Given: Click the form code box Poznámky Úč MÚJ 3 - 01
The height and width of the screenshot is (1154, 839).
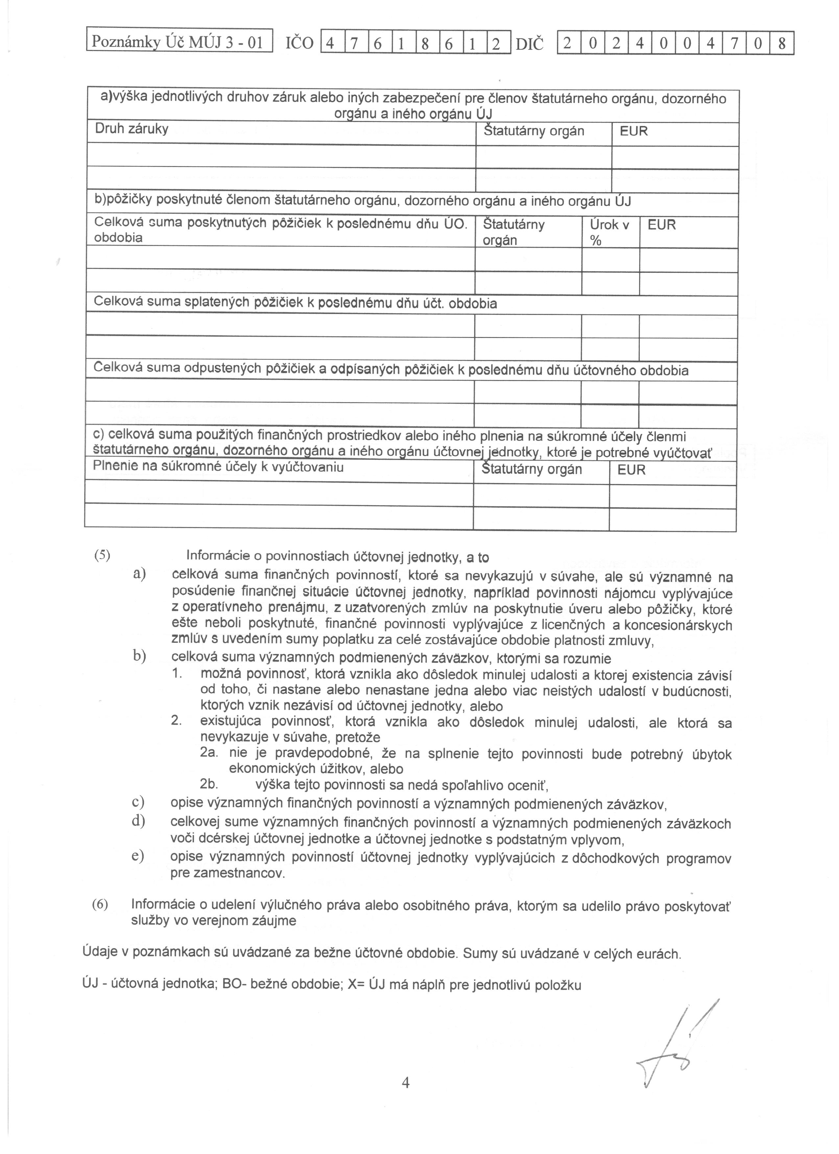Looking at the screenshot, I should pyautogui.click(x=180, y=42).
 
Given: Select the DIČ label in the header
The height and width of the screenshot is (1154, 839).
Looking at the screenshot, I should pyautogui.click(x=529, y=44).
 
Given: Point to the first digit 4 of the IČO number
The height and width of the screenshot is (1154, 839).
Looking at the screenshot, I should pyautogui.click(x=330, y=44).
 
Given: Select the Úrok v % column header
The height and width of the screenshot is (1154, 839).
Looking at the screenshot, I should pyautogui.click(x=609, y=232).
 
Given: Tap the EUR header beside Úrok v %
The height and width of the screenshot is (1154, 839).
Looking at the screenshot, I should pyautogui.click(x=661, y=225).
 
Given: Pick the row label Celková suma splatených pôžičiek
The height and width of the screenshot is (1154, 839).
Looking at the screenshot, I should pyautogui.click(x=295, y=303).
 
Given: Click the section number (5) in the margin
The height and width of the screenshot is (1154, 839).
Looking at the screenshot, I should pyautogui.click(x=102, y=555).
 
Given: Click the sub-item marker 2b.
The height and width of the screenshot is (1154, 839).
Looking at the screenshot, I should pyautogui.click(x=209, y=784).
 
